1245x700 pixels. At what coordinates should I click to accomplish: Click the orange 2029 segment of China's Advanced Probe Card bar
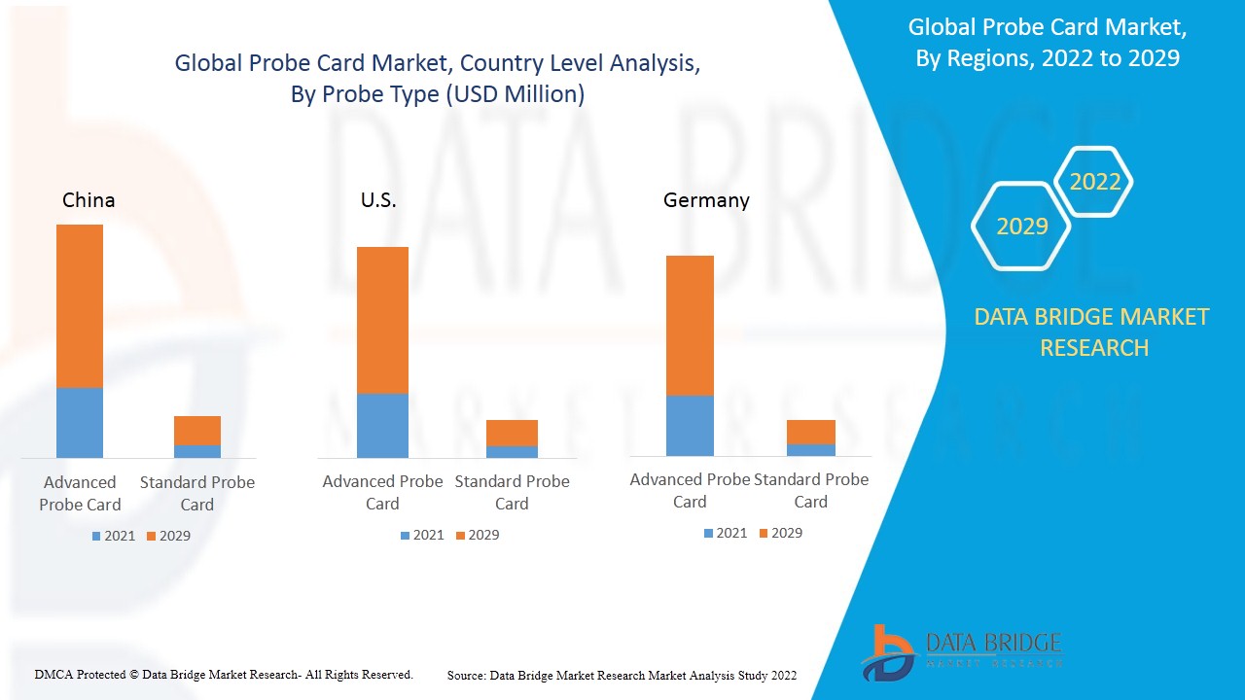80,305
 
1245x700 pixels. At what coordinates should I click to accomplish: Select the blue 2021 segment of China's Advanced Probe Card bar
80,422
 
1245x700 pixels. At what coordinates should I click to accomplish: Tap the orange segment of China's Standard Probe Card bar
197,430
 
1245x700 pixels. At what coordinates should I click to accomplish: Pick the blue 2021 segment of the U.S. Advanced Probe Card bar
382,425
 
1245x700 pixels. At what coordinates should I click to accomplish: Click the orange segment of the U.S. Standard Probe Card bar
512,433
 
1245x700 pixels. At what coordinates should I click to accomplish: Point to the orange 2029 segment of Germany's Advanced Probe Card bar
690,325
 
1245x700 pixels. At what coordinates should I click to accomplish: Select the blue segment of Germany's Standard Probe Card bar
811,449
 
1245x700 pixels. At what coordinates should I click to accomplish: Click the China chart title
89,200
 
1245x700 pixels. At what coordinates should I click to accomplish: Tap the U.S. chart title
378,200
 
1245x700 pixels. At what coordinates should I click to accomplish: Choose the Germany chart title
706,200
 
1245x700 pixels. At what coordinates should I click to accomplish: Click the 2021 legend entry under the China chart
114,536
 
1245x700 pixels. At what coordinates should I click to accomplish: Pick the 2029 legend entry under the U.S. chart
477,535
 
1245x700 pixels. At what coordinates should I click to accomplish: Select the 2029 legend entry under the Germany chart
780,533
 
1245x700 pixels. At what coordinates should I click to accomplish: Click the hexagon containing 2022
1094,182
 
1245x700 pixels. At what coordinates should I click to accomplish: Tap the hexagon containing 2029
1021,227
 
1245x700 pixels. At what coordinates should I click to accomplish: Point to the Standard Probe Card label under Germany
811,490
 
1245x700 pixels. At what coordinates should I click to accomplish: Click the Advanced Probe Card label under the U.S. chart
382,492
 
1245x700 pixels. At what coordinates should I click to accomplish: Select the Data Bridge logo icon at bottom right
888,651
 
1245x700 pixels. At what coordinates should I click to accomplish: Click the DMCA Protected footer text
224,674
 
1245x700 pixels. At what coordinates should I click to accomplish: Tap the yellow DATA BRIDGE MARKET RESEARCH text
1091,332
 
